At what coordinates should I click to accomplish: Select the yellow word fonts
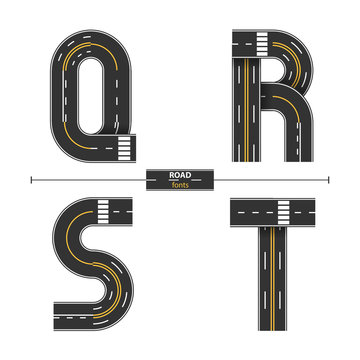coord(179,186)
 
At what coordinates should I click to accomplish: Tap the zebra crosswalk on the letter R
coord(259,44)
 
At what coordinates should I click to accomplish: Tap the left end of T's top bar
coord(233,212)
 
